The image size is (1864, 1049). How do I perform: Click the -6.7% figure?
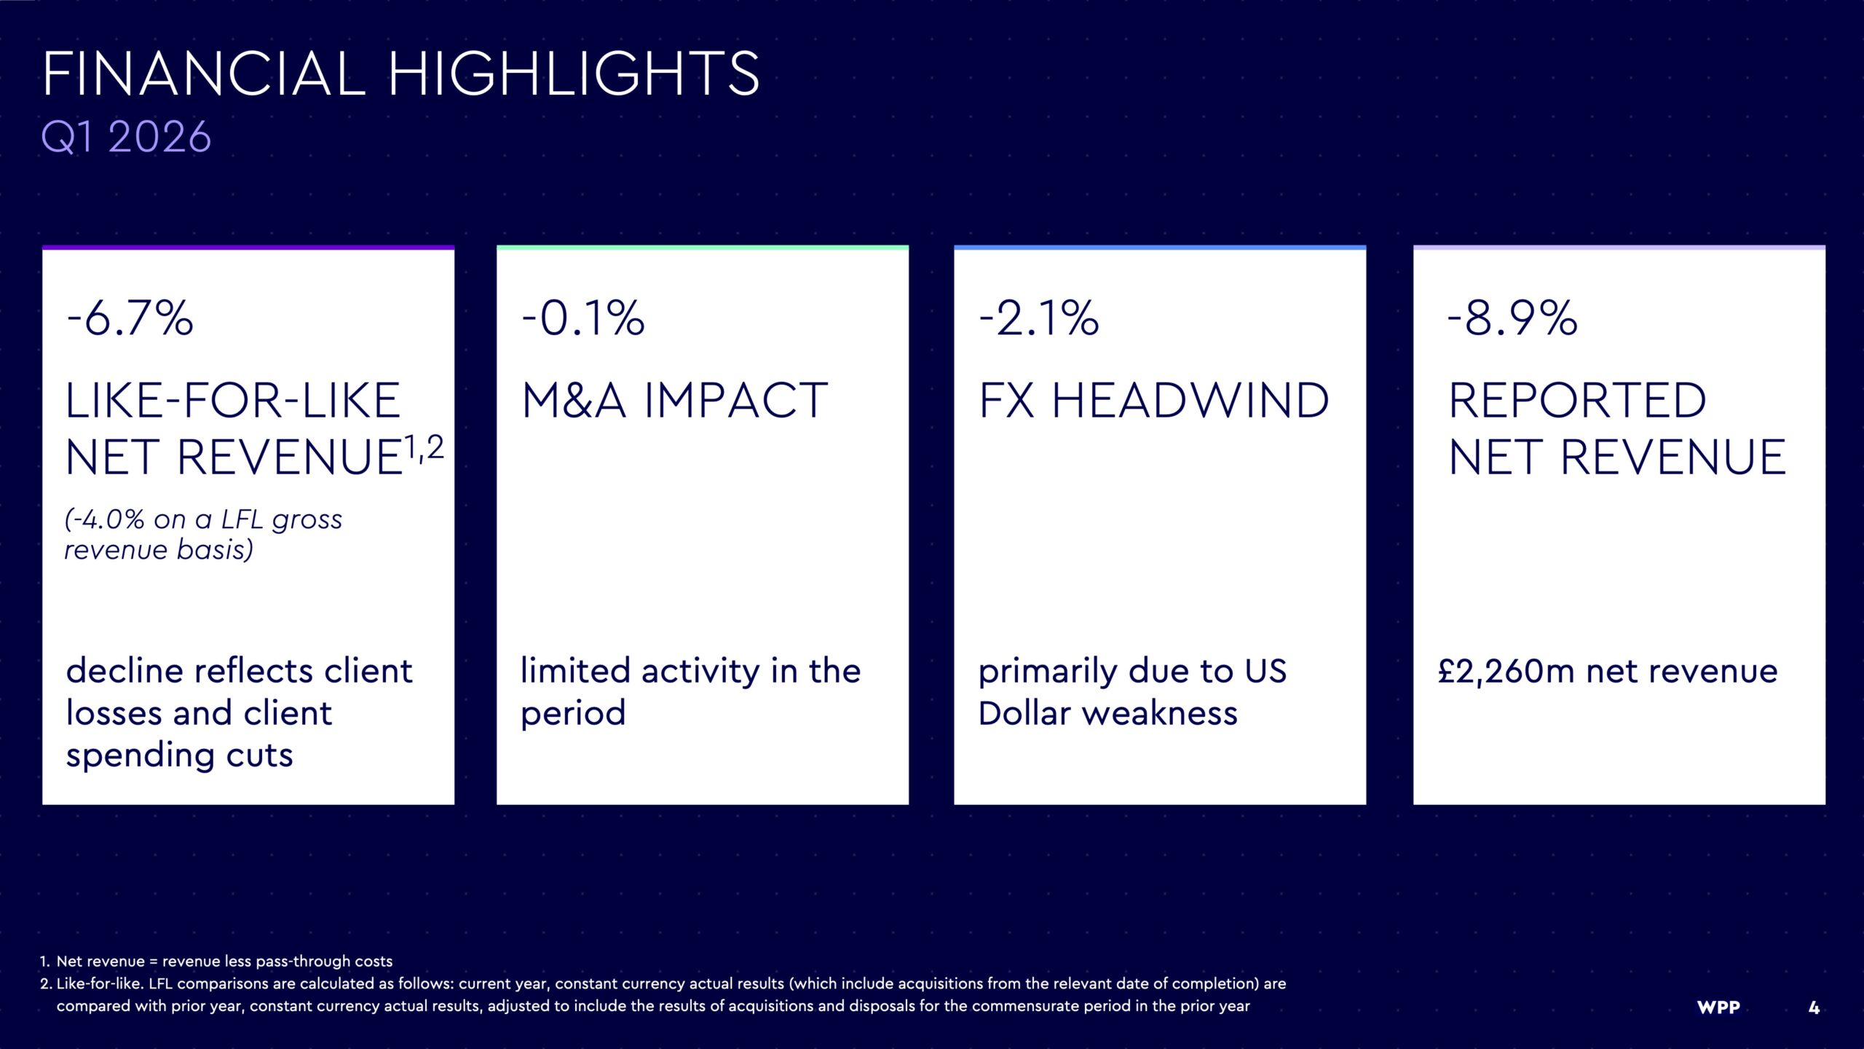click(x=130, y=318)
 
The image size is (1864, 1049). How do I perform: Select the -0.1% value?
click(x=583, y=318)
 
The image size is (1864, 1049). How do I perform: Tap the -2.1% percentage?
click(x=1038, y=318)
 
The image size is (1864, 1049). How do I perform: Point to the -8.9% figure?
click(x=1512, y=318)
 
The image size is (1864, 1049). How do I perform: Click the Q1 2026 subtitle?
click(x=126, y=137)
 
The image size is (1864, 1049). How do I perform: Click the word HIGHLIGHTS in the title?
click(x=574, y=74)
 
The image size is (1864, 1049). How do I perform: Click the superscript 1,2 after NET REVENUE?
click(x=424, y=447)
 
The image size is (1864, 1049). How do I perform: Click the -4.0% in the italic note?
click(x=104, y=519)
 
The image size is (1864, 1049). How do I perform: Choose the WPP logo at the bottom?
click(x=1718, y=1007)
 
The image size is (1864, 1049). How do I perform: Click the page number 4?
click(x=1814, y=1007)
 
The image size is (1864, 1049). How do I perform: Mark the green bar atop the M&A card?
click(x=703, y=248)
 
